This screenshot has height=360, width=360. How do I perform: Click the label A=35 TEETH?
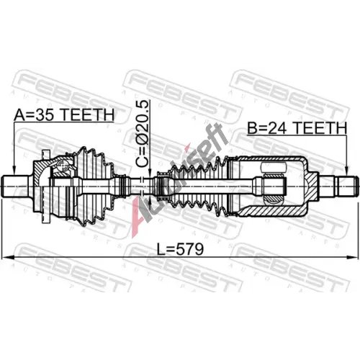64,115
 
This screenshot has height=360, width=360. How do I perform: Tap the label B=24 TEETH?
297,128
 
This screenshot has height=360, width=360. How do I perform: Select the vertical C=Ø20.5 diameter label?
143,134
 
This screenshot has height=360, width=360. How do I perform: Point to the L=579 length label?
180,249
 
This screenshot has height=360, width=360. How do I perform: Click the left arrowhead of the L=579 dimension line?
6,257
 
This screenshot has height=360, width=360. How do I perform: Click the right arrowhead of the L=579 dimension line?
354,257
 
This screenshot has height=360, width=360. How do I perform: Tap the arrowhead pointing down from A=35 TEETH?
14,170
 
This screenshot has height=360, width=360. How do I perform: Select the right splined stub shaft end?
348,186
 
